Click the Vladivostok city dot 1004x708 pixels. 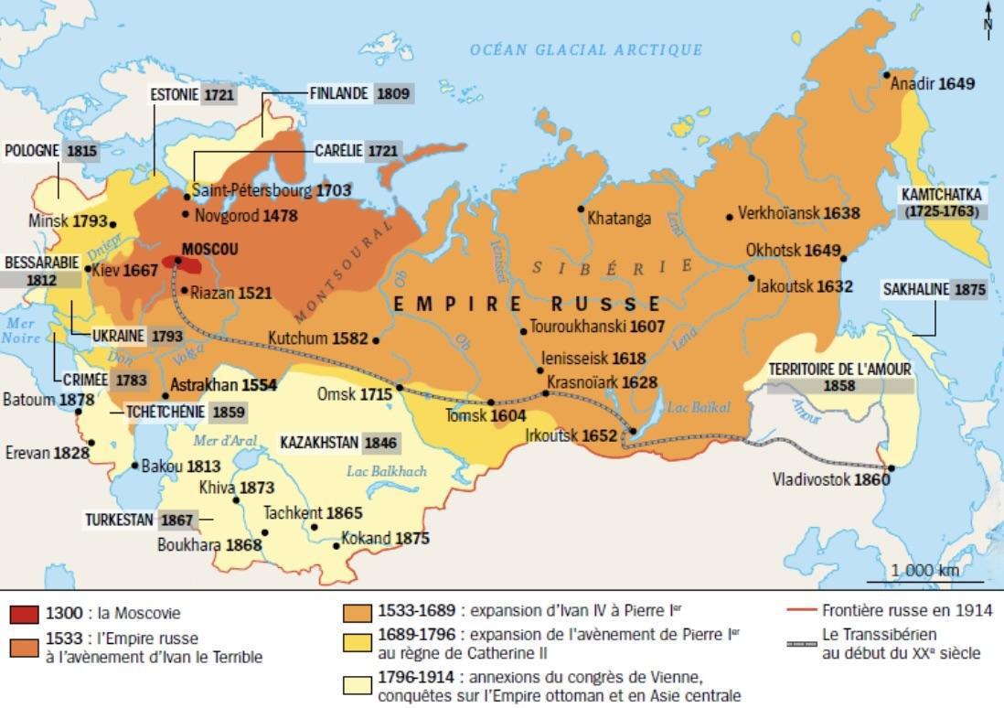coord(891,468)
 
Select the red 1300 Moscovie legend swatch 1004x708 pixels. coord(24,614)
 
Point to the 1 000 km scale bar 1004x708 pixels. coord(924,581)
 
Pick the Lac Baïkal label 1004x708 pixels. coord(693,406)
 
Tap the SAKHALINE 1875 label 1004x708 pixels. coord(934,289)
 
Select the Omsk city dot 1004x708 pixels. coord(400,389)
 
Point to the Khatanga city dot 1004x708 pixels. coord(580,209)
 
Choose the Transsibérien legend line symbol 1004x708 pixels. coord(802,645)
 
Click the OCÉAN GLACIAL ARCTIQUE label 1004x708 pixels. coord(586,50)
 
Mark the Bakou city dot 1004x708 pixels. coord(134,466)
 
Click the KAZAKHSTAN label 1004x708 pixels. coord(320,443)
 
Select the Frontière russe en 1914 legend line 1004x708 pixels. coord(802,610)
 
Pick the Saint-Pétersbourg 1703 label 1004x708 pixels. coord(272,191)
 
